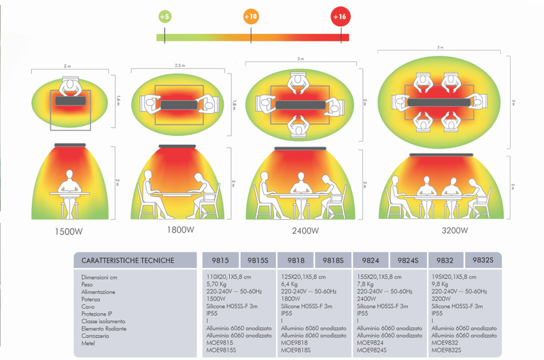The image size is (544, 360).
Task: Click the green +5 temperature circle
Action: [164, 16]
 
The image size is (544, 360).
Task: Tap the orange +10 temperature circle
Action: [251, 16]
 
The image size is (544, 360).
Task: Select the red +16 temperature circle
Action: [341, 16]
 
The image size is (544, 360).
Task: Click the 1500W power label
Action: [69, 231]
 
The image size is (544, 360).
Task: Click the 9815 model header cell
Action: [221, 259]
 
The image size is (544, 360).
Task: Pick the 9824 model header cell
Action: [371, 259]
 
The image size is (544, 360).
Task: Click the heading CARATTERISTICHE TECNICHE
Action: [128, 259]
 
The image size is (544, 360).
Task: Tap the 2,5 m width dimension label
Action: [179, 66]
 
